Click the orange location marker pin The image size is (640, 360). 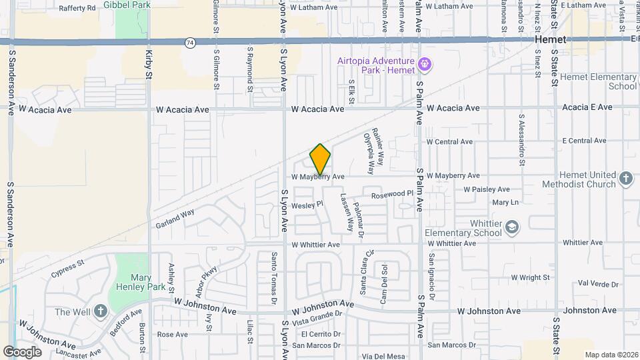click(x=320, y=159)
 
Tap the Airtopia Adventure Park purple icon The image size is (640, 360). click(x=424, y=65)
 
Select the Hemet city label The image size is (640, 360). click(x=550, y=40)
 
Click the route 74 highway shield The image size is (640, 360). click(x=191, y=42)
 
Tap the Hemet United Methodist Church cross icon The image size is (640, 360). click(x=625, y=178)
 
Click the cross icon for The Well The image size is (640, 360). click(x=100, y=311)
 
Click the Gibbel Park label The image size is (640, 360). click(x=132, y=5)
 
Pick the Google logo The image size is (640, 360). click(x=22, y=351)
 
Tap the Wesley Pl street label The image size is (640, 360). click(x=307, y=205)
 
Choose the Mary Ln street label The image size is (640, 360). click(x=505, y=202)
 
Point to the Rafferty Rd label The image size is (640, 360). click(x=77, y=8)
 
